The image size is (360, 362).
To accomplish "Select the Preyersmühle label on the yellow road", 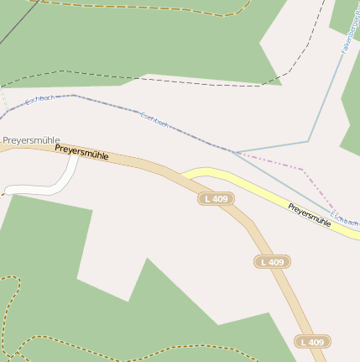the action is coord(309,214).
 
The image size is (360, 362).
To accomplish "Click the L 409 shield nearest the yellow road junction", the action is coord(216,199).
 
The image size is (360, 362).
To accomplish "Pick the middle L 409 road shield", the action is coord(272,262).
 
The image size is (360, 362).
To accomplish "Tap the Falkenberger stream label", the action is coord(349,37).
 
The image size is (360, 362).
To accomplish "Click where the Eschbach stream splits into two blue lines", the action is coord(234,152).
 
